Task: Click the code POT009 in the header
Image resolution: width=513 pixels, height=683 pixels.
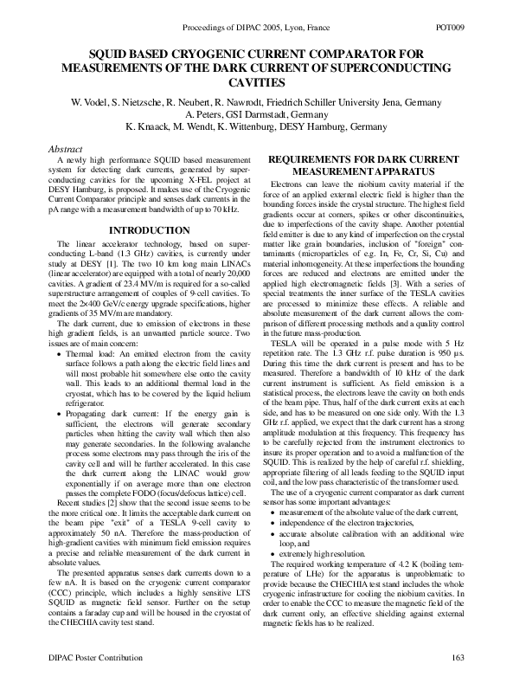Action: pos(475,29)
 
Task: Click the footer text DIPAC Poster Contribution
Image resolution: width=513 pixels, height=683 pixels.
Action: pos(78,660)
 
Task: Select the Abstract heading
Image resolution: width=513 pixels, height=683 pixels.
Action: pos(66,149)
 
